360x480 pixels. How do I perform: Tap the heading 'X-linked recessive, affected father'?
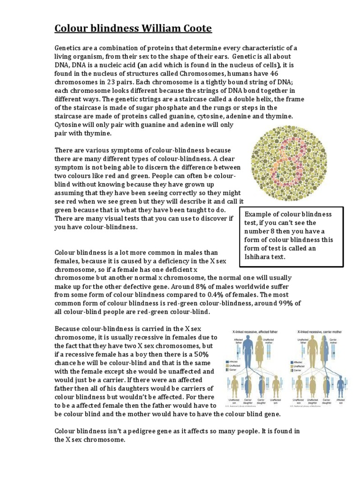(255, 331)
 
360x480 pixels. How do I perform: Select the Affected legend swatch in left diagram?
(227, 362)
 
